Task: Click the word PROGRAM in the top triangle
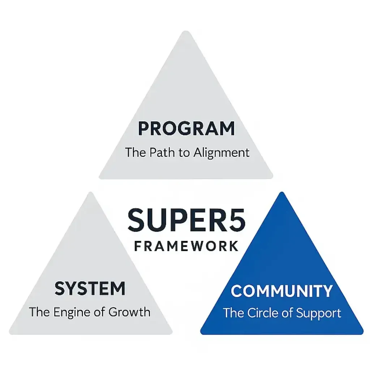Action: coord(186,129)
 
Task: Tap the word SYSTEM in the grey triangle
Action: coord(90,289)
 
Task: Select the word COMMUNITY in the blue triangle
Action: coord(281,291)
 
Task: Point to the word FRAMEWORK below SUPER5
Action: coord(186,246)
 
